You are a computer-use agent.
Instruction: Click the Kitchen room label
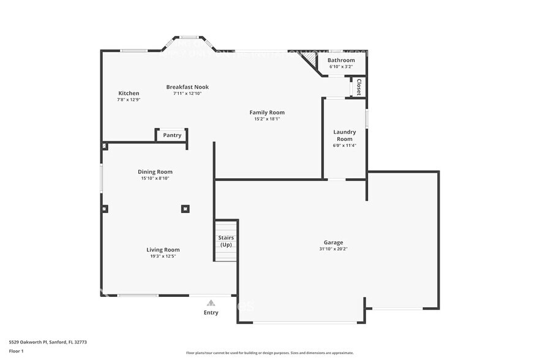coord(129,93)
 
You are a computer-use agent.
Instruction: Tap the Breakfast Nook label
coord(187,87)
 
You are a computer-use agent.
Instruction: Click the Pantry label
coord(172,135)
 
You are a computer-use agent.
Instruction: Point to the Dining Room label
coord(155,172)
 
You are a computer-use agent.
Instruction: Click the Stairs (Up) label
coord(226,241)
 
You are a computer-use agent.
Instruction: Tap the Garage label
coord(334,242)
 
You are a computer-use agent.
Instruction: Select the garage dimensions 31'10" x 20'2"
coord(334,249)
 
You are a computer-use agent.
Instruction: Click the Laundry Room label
coord(344,135)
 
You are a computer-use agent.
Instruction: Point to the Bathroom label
coord(341,60)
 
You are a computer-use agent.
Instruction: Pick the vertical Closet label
coord(359,87)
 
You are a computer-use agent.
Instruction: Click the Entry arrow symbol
coord(211,302)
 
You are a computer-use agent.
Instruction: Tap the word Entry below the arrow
coord(211,312)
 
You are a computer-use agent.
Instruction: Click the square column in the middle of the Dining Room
coord(185,209)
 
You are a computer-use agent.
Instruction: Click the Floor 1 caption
coord(17,351)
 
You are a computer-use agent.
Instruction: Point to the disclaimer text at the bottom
coord(269,353)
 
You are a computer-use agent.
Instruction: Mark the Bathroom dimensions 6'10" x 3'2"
coord(341,67)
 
